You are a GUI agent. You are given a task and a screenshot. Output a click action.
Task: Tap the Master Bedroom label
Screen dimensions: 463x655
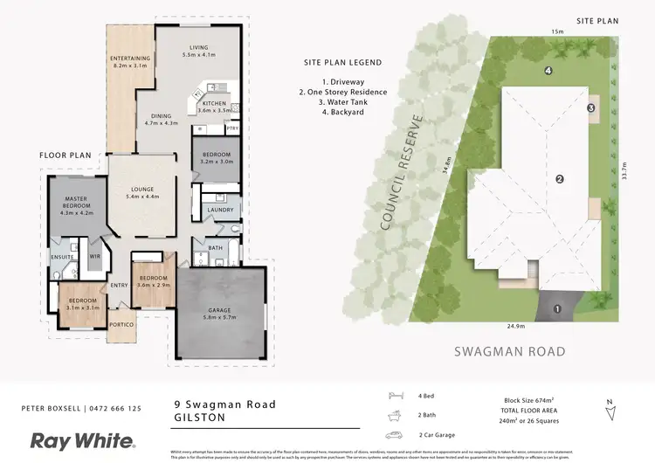pyautogui.click(x=76, y=204)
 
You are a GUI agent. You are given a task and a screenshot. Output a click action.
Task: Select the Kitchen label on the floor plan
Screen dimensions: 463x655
pyautogui.click(x=217, y=107)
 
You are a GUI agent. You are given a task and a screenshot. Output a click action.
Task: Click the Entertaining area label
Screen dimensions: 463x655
pyautogui.click(x=131, y=61)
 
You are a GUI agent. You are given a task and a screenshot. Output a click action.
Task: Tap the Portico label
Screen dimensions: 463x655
pyautogui.click(x=122, y=325)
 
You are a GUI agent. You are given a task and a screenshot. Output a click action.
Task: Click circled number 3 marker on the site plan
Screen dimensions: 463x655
pyautogui.click(x=591, y=107)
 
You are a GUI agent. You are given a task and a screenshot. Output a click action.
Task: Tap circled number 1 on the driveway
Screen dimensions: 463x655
pyautogui.click(x=556, y=308)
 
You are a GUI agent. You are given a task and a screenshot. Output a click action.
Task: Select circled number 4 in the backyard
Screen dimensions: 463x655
pyautogui.click(x=548, y=70)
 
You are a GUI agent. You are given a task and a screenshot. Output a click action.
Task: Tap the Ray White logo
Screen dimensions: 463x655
pyautogui.click(x=82, y=440)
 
